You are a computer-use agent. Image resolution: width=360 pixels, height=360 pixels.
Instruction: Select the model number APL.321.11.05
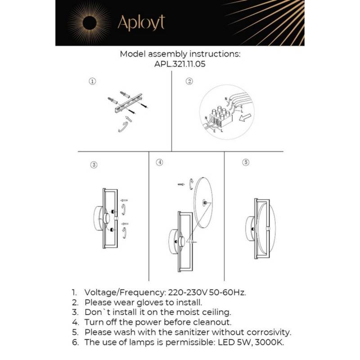click(180, 64)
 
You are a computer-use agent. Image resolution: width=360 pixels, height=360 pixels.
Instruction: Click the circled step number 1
click(92, 81)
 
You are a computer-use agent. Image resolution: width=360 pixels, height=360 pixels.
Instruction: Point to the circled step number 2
click(189, 81)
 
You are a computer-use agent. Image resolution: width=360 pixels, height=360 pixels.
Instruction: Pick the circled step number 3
click(93, 165)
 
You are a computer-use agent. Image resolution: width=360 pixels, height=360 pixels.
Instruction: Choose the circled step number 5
click(245, 162)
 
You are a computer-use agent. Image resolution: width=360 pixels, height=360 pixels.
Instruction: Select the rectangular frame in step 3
click(111, 218)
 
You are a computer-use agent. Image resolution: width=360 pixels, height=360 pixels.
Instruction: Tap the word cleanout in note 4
click(214, 322)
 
